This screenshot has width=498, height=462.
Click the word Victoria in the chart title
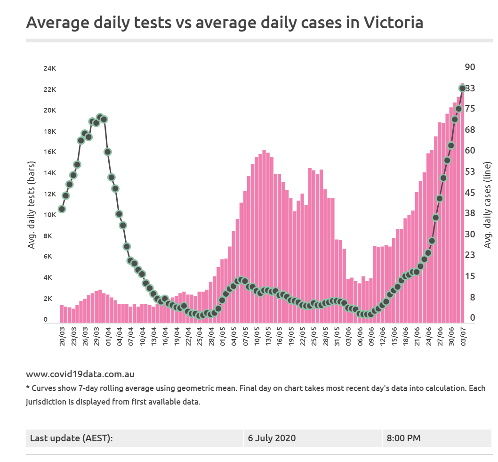[394, 22]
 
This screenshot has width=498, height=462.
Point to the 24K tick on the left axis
[50, 69]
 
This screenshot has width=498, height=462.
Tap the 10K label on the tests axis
[50, 215]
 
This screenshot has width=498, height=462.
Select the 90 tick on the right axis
[470, 67]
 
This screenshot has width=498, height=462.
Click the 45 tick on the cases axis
[470, 193]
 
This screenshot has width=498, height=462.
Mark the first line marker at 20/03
[62, 209]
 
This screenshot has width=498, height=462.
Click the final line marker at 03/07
[463, 88]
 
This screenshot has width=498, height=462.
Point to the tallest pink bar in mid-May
[264, 235]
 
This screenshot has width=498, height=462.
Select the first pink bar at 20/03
[62, 314]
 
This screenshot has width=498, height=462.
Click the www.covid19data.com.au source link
[80, 374]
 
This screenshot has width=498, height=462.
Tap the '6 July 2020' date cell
[272, 438]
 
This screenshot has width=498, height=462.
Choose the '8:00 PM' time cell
[404, 438]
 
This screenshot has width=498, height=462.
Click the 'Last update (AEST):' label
[72, 438]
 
